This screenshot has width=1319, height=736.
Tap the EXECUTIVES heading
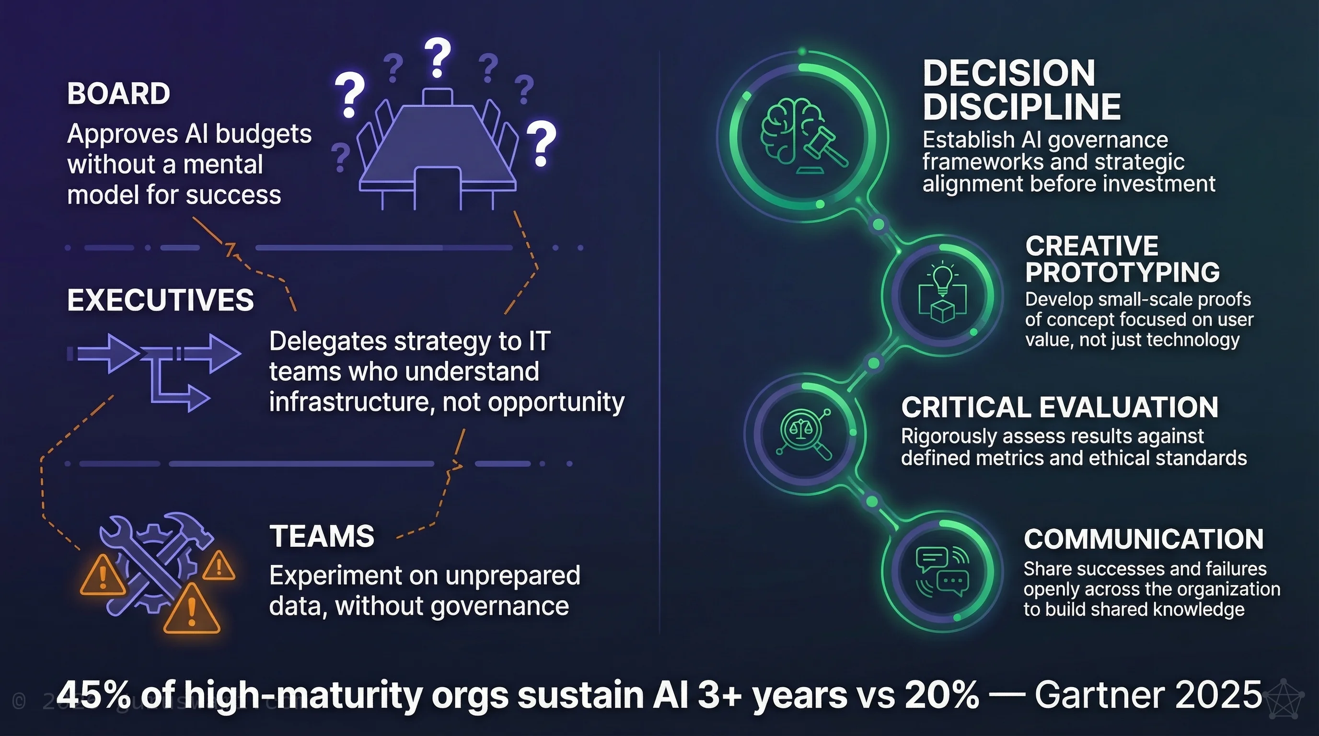160,300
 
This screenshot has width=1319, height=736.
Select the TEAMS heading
322,536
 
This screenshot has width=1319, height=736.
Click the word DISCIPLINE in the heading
1021,107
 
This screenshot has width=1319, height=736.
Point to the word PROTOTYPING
1122,272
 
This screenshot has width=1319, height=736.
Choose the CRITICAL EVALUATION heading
1059,407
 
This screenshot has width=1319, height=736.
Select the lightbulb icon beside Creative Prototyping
942,294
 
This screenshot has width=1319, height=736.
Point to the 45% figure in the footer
95,695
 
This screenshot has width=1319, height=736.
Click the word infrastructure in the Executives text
348,402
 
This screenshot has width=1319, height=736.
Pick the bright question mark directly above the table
437,57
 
